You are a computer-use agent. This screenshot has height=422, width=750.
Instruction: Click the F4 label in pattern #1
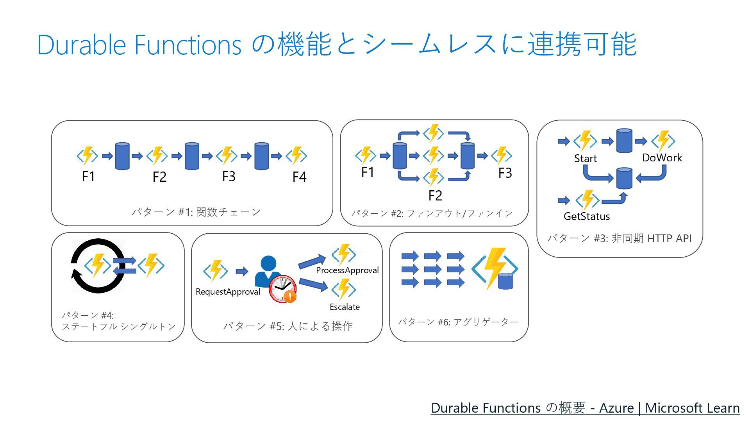point(299,177)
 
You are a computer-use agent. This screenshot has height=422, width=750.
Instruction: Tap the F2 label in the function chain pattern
point(159,177)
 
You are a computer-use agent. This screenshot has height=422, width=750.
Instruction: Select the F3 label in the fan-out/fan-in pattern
point(505,173)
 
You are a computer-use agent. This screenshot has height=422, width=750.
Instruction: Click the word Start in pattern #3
point(585,159)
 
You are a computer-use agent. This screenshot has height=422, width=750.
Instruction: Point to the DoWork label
point(662,158)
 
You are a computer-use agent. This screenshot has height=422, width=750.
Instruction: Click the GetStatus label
point(586,216)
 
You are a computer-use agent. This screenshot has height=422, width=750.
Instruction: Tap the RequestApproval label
point(228,292)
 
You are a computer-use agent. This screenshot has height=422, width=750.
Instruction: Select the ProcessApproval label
point(347,270)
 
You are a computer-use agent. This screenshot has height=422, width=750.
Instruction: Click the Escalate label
point(345,307)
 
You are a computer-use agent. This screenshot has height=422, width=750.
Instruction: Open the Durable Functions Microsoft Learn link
point(585,408)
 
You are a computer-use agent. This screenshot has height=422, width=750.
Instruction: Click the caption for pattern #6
point(458,322)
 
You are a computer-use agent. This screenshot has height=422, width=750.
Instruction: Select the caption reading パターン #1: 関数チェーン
point(196,212)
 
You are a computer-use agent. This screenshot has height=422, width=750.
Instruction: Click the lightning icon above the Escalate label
point(343,289)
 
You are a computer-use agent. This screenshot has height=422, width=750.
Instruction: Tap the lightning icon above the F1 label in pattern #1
point(87,156)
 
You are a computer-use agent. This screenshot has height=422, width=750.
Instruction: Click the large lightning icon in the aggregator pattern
point(495,269)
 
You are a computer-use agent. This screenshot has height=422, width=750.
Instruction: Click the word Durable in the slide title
point(81,45)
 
